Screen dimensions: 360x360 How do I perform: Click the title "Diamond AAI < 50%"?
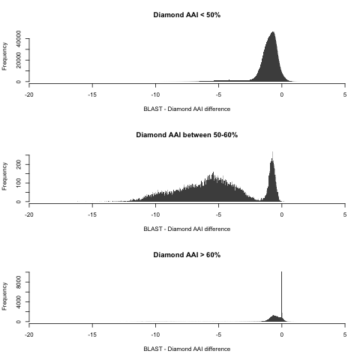click(187, 15)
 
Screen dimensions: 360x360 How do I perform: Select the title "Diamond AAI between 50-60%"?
click(187, 135)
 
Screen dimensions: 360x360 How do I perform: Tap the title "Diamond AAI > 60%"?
click(187, 255)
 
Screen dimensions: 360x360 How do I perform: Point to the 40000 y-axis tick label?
click(18, 39)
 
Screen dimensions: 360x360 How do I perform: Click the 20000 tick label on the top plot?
click(18, 60)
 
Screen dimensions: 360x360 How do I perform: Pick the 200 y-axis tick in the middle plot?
click(18, 164)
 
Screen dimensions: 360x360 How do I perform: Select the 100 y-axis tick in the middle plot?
click(18, 183)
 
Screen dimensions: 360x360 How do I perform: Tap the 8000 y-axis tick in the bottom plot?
click(18, 282)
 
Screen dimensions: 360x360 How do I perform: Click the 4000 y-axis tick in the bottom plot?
click(18, 302)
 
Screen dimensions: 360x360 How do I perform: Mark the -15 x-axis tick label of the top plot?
click(92, 94)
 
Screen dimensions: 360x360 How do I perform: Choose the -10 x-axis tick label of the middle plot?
click(155, 214)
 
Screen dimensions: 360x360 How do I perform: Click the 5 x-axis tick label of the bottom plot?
click(345, 334)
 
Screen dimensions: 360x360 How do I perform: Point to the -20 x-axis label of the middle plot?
click(29, 214)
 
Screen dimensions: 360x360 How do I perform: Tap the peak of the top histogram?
click(273, 31)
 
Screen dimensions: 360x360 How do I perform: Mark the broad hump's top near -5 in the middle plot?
click(213, 172)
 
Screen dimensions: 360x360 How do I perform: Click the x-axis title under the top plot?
click(187, 109)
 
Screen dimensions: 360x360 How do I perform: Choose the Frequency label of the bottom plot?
click(4, 296)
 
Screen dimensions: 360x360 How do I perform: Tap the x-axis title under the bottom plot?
click(187, 349)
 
